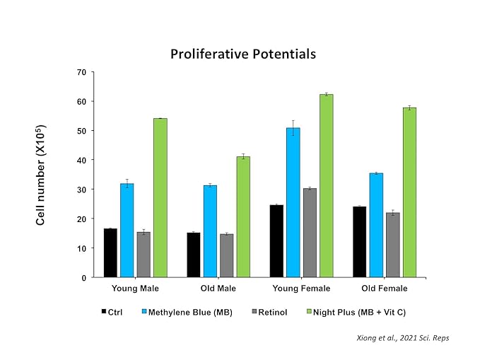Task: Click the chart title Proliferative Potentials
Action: (242, 54)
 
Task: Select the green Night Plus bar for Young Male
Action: (160, 198)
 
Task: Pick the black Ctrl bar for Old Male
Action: (193, 255)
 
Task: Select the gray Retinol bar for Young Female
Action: (310, 233)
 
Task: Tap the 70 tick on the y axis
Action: (81, 72)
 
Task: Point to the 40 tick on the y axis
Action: (81, 161)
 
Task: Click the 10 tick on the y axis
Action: (81, 248)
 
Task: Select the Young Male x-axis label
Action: (135, 289)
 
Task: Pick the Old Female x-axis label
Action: (384, 289)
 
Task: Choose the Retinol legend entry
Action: (272, 312)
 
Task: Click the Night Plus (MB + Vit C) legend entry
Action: (359, 312)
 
